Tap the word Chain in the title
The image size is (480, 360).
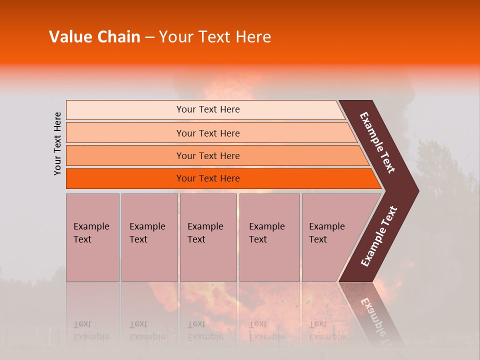[x=116, y=37]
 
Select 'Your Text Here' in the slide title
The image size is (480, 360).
[x=215, y=37]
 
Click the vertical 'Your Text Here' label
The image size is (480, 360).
[x=57, y=143]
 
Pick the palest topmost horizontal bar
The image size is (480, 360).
[x=207, y=109]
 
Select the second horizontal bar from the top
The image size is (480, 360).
[x=208, y=133]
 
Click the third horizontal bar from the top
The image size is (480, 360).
[x=208, y=156]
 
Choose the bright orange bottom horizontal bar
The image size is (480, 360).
[x=208, y=178]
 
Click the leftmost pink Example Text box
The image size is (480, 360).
[x=92, y=237]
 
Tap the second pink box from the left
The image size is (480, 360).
[x=149, y=237]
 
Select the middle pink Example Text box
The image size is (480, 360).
[x=207, y=237]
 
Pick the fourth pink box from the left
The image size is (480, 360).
[x=269, y=237]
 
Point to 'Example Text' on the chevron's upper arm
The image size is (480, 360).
[x=377, y=142]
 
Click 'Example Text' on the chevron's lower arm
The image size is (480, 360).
[x=378, y=236]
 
